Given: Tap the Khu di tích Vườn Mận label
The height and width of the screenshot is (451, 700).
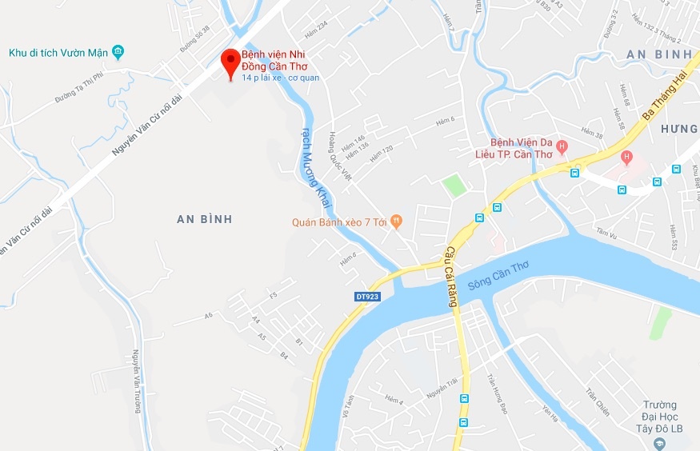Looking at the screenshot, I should [x=58, y=53].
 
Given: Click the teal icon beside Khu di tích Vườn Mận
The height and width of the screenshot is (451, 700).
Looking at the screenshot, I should [x=118, y=53].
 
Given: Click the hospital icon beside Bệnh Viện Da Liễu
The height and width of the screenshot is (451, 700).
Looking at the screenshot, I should [x=562, y=146].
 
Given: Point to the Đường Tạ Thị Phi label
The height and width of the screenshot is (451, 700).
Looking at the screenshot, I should [x=74, y=90].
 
